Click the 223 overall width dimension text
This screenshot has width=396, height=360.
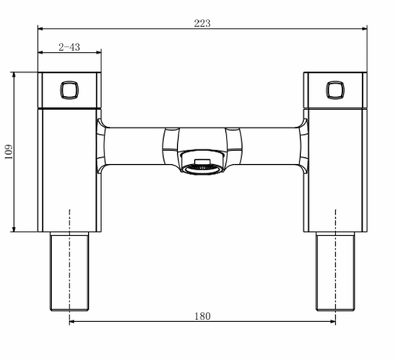click(202, 23)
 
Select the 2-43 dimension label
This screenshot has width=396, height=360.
click(69, 47)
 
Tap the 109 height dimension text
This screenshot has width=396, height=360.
click(9, 152)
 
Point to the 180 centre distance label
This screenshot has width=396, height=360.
click(203, 316)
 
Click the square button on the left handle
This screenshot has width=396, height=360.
click(70, 90)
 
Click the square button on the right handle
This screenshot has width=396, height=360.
click(336, 90)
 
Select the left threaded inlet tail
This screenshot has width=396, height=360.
click(70, 272)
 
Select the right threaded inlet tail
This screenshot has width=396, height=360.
click(336, 272)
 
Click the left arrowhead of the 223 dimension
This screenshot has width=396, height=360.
click(40, 29)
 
